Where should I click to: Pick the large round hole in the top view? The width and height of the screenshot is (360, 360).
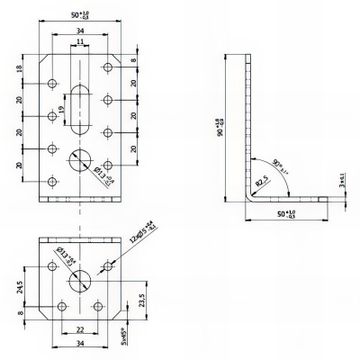pos(79,162)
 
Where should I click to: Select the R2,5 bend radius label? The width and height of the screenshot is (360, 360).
pos(258,182)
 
